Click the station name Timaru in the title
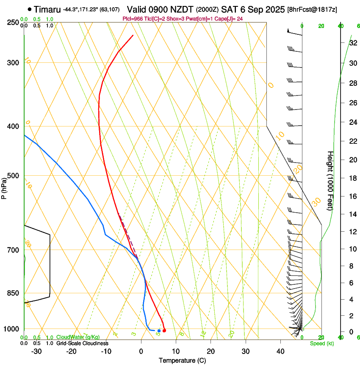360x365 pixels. click(47, 9)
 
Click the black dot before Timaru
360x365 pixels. click(29, 9)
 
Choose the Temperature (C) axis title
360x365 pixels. click(182, 360)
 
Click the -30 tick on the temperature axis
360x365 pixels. click(36, 351)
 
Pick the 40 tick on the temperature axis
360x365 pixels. click(280, 351)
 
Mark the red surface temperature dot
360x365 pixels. click(164, 331)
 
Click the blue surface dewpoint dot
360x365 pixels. click(159, 331)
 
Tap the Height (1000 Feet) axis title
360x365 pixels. click(330, 180)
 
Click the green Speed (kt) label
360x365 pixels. click(322, 343)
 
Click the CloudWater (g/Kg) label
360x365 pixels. click(78, 337)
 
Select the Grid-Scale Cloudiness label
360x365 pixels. click(82, 343)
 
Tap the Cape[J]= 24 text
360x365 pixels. click(231, 19)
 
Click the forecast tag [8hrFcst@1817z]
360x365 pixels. click(312, 9)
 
